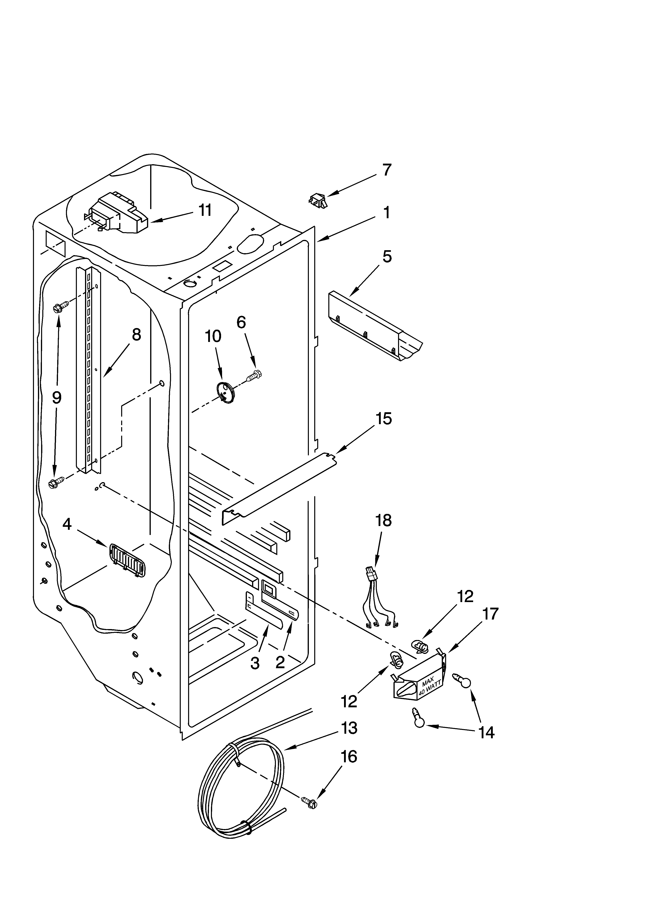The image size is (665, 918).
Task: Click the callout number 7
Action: point(387,170)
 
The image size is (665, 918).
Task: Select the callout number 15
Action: point(384,419)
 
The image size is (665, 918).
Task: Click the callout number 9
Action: point(57,398)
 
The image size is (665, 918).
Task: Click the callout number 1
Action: point(387,212)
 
